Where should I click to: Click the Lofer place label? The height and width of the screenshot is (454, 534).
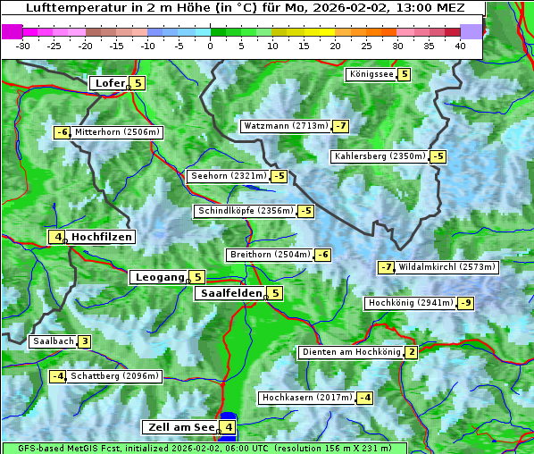[108, 83]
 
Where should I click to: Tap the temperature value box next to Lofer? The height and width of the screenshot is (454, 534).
[137, 83]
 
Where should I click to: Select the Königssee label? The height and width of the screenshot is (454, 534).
[371, 74]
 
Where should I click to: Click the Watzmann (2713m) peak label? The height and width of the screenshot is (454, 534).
[285, 126]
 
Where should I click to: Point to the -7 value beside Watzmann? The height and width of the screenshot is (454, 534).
[341, 126]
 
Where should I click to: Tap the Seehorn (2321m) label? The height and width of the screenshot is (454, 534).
[228, 176]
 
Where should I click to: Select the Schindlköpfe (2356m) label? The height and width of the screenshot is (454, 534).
[245, 211]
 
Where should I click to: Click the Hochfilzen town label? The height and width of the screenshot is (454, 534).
[102, 237]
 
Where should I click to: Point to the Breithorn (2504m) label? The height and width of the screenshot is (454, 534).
[268, 255]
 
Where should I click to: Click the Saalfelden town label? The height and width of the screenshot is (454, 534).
[230, 293]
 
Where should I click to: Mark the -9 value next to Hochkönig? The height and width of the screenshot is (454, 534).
[466, 303]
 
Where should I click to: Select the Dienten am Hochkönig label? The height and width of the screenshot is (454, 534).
[350, 352]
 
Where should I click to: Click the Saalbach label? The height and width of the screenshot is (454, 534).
[52, 341]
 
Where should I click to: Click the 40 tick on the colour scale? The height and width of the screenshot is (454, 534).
[460, 46]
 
